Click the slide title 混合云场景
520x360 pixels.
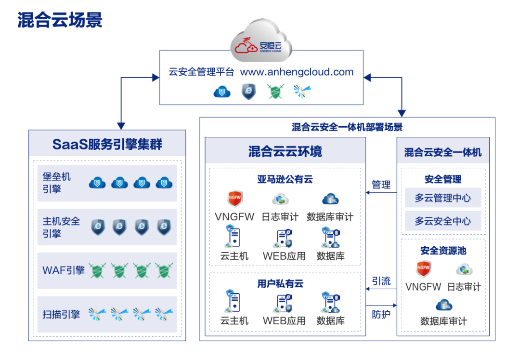click(x=60, y=20)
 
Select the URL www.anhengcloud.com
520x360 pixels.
click(x=297, y=72)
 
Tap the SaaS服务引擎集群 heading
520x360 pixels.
click(x=107, y=144)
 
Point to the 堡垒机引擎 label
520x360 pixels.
click(x=57, y=183)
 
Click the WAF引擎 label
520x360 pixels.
click(x=63, y=270)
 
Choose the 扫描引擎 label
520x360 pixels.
click(x=61, y=315)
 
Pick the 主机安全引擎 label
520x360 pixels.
click(x=61, y=227)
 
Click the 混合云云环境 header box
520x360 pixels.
click(x=285, y=152)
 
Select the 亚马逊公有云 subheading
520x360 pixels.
click(x=285, y=179)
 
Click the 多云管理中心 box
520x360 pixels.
click(x=443, y=198)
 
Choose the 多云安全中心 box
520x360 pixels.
click(x=443, y=221)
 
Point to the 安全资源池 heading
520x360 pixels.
click(x=443, y=251)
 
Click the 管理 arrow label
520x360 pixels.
click(x=381, y=185)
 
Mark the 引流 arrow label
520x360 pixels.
click(x=381, y=281)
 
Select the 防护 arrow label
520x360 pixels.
click(x=381, y=315)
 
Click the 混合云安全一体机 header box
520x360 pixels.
click(x=443, y=152)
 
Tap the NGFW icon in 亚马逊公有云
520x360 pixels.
click(x=235, y=199)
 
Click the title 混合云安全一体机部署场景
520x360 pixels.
click(x=347, y=127)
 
